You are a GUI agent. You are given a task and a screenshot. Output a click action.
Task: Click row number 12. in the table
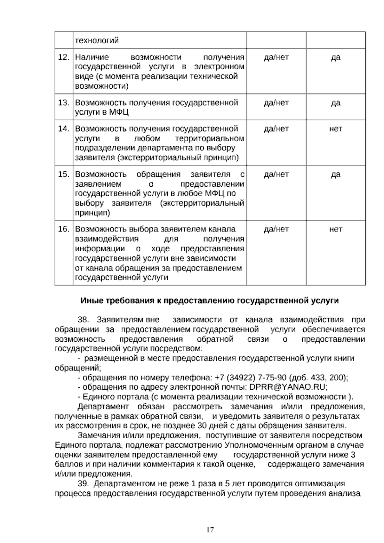click(64, 58)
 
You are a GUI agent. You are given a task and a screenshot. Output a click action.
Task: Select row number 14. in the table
click(64, 129)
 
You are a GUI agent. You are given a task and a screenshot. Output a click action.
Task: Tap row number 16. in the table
click(64, 229)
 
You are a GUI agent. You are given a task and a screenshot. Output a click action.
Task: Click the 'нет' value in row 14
click(335, 129)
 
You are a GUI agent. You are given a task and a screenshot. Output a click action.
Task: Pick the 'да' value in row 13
click(335, 103)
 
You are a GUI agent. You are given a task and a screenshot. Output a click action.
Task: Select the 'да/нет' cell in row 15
click(276, 174)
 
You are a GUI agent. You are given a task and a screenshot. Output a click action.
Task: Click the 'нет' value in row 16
click(335, 229)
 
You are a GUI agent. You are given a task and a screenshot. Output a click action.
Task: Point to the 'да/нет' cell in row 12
click(276, 58)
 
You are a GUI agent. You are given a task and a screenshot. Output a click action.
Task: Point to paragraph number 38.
click(83, 320)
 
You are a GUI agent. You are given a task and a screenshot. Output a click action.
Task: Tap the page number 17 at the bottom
click(210, 530)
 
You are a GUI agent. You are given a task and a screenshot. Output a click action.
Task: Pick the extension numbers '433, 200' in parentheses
click(326, 377)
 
